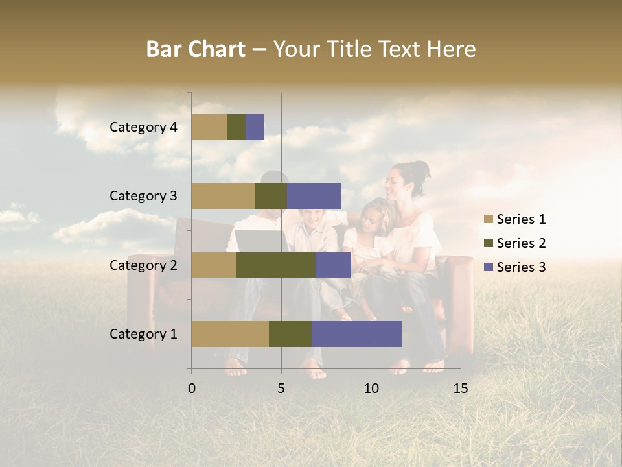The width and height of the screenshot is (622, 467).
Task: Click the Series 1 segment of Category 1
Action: click(230, 334)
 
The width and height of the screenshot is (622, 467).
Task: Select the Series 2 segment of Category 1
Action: click(290, 334)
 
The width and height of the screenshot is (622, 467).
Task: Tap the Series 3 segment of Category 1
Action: click(356, 334)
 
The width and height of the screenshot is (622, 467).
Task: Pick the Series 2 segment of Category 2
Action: click(276, 265)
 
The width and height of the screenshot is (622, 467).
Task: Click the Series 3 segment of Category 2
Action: click(333, 265)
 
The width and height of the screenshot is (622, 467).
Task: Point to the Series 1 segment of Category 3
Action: click(223, 196)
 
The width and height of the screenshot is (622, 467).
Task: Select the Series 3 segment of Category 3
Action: click(314, 196)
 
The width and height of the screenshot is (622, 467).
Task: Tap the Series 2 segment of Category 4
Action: click(236, 127)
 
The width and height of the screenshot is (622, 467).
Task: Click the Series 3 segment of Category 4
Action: click(255, 127)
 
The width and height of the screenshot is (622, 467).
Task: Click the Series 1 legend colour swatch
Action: click(488, 219)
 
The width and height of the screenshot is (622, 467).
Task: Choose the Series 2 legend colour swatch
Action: click(488, 243)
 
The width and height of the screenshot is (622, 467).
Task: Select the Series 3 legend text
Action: click(521, 267)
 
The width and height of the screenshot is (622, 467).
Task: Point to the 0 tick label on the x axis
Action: click(192, 389)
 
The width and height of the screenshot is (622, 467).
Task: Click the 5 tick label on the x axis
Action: click(281, 389)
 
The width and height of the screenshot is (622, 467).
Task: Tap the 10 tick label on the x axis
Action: click(371, 389)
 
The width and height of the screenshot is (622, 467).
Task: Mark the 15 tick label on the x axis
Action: click(460, 389)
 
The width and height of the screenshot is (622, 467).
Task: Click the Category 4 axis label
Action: click(143, 127)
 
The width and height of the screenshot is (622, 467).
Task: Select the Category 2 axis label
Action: click(143, 265)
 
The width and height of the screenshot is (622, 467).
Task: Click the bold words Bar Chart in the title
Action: click(196, 49)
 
